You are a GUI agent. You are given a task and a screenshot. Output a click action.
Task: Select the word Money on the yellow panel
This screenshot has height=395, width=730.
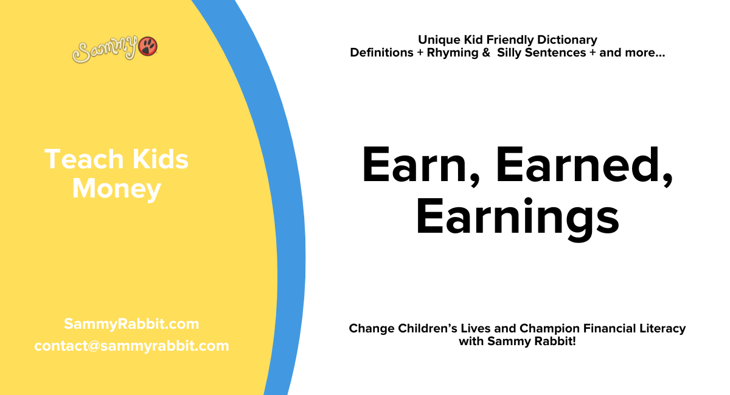point(116,189)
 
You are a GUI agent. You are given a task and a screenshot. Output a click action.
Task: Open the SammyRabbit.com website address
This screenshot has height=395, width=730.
point(131,324)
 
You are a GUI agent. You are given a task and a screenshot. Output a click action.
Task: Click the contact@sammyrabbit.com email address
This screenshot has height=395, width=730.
point(131,346)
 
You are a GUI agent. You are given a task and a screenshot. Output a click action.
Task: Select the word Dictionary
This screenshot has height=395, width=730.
point(567,40)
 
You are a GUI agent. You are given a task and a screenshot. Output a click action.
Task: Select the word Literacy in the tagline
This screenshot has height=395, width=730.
point(662,329)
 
